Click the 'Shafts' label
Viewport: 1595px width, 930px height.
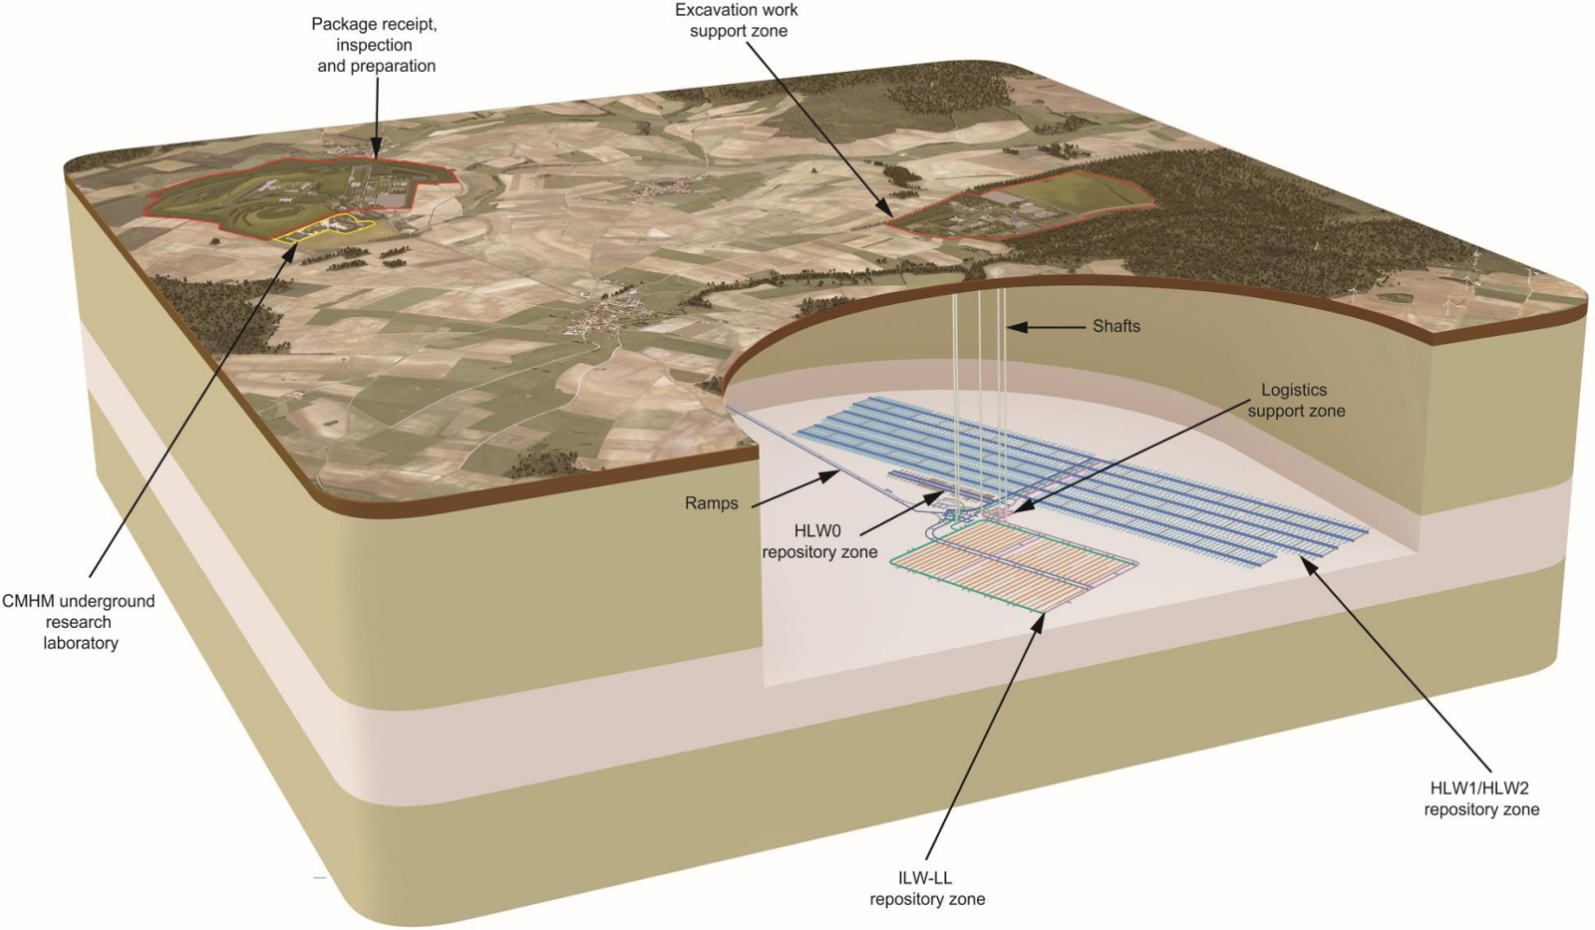1116,326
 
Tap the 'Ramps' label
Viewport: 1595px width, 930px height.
711,503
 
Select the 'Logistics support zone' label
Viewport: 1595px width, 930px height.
1295,400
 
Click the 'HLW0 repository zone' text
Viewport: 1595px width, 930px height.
819,542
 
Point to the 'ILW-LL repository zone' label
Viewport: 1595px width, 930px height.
927,888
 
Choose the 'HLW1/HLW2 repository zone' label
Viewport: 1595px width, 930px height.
1480,798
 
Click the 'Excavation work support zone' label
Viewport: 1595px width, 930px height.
737,20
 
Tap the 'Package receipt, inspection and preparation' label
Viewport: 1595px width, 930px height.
375,45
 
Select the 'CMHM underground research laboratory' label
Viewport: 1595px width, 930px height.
79,621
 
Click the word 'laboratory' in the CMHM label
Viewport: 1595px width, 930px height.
80,643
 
